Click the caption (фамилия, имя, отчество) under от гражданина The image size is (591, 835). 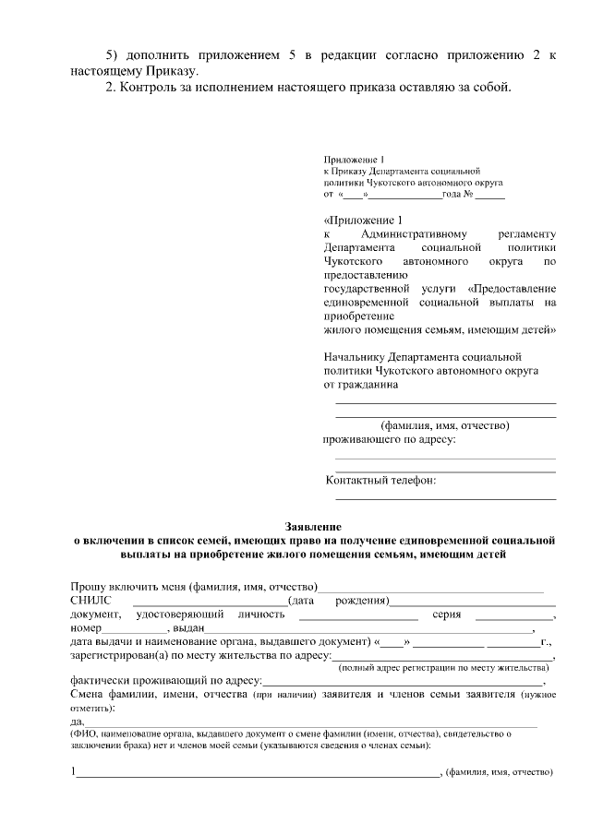[444, 425]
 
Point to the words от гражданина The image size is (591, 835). [361, 384]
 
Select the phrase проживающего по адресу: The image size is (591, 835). [389, 439]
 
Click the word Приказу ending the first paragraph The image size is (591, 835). [170, 70]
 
